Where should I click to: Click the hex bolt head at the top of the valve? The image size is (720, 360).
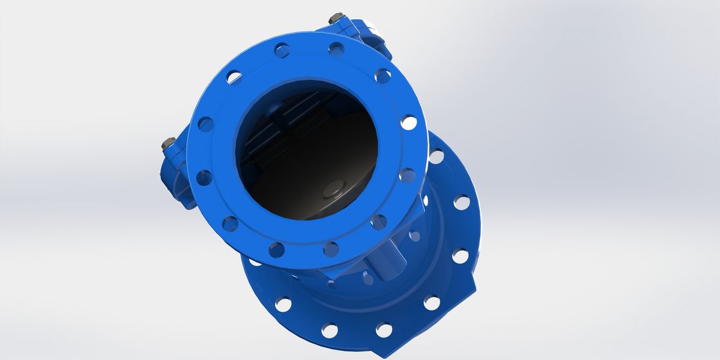(x=334, y=19)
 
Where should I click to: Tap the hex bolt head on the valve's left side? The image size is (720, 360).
(x=166, y=143)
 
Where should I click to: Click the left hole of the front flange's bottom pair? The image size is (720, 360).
(x=276, y=250)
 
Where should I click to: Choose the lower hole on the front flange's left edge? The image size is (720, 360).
(x=204, y=177)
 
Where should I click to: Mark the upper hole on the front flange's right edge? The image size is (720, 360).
(x=408, y=122)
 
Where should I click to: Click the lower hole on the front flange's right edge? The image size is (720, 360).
(x=406, y=175)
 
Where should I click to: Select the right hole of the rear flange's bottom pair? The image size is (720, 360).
(x=384, y=330)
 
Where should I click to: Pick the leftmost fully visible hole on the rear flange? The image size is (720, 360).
(x=283, y=303)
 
